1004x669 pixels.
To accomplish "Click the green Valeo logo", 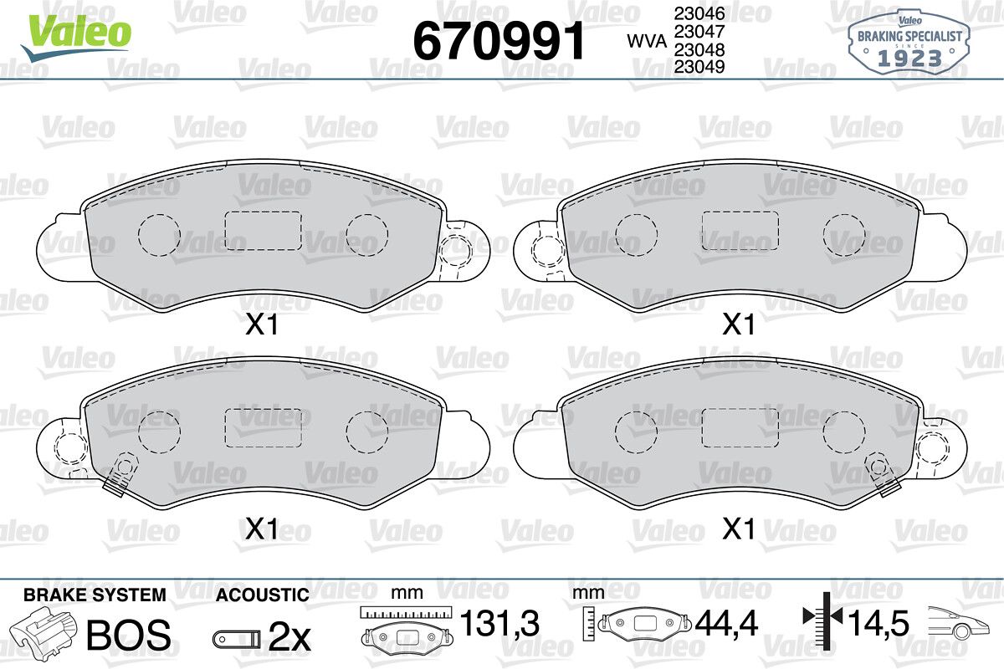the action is point(76,38).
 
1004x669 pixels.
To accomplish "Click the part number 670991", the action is point(499,40).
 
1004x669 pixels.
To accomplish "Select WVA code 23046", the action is point(699,14).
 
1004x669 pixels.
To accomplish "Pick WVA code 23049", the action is point(699,66).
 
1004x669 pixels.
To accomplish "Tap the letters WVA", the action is point(647,41).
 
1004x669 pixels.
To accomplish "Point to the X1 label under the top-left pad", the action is point(262,324).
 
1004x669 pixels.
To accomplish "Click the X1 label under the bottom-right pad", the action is point(739,529).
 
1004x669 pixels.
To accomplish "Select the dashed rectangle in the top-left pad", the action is point(263,231).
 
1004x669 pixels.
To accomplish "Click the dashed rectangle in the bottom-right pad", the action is point(740,427).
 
